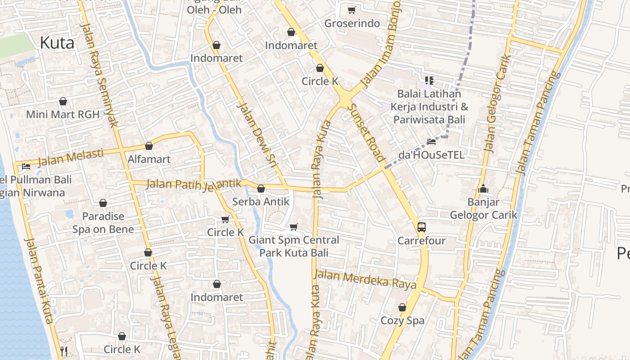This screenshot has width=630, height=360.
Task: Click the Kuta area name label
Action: coord(57,43)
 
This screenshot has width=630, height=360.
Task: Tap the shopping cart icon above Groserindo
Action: coord(351,10)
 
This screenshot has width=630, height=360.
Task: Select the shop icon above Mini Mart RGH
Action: coord(63,101)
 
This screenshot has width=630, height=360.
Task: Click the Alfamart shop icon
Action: coord(149,146)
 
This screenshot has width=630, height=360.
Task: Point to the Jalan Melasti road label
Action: coord(71,157)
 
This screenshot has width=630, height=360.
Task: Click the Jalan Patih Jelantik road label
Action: coord(194,184)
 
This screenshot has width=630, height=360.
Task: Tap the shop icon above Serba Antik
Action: coord(261,189)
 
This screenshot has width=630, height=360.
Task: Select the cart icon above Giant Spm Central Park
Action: coord(294,227)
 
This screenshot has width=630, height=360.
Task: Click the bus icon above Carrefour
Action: coord(421,227)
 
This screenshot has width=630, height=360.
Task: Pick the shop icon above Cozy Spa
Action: coord(402,307)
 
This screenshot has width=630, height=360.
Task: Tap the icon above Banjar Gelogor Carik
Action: coord(483,189)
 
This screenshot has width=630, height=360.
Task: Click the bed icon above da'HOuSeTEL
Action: coord(431,142)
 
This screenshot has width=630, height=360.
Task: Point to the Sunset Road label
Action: coord(366,132)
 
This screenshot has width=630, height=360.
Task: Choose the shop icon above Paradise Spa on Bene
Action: coord(103,203)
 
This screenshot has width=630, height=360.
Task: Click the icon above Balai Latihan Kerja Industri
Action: coord(429,81)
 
